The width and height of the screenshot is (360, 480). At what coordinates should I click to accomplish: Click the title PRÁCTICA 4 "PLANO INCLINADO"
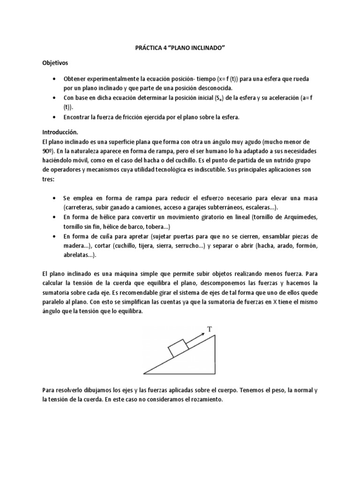coord(180,47)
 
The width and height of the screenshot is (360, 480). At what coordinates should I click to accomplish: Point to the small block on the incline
coord(178,348)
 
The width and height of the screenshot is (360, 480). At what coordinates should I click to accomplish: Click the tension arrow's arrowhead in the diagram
coord(202,334)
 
